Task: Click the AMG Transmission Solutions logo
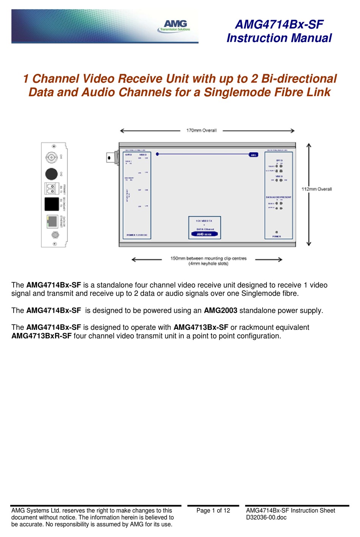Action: [x=174, y=26]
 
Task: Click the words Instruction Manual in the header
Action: [x=279, y=38]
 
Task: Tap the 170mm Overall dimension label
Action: [x=201, y=131]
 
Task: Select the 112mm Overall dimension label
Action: [x=316, y=189]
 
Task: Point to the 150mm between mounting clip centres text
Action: [x=208, y=259]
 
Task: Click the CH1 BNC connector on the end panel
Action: [x=51, y=157]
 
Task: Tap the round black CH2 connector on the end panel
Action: [x=51, y=174]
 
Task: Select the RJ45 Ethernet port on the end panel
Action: [x=52, y=222]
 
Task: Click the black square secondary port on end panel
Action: [x=52, y=204]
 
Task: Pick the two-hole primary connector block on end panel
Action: [x=52, y=188]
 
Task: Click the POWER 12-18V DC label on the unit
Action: [x=137, y=235]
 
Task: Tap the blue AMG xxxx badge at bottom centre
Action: [x=204, y=234]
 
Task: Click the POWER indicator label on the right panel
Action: [x=277, y=236]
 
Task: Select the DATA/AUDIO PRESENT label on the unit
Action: [x=279, y=197]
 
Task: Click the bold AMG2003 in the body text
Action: [x=221, y=311]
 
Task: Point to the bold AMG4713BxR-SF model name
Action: [x=41, y=336]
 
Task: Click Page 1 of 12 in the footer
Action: [x=213, y=510]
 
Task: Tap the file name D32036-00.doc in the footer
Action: [x=266, y=517]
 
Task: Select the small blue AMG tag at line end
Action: [x=253, y=155]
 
